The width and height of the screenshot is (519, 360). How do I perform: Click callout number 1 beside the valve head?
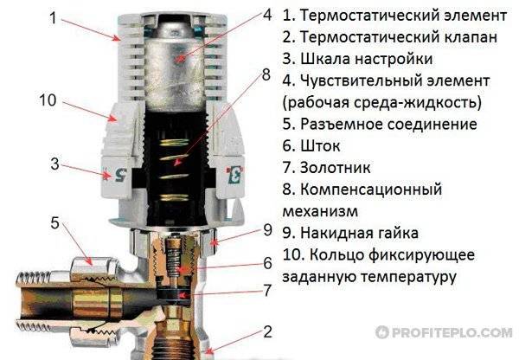pos(54,17)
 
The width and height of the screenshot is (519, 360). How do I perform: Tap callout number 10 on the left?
pos(48,100)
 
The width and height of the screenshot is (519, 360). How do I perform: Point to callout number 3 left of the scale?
pos(55,164)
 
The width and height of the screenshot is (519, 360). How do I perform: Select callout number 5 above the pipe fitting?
pos(55,223)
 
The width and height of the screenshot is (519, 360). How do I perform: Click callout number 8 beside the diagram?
pos(266,74)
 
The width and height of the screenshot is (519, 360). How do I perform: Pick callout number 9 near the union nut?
pos(267,230)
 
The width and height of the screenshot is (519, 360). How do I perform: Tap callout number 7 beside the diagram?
pos(267,291)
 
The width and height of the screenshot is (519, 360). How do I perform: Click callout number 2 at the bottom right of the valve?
pos(267,332)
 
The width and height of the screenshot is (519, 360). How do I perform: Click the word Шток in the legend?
pos(320,146)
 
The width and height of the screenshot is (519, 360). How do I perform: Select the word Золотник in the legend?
pos(336,168)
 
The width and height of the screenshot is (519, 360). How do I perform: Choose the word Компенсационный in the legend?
pos(371,190)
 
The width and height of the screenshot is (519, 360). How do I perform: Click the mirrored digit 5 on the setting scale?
pos(120,175)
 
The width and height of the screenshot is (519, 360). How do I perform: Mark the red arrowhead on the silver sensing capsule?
pos(180,59)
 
